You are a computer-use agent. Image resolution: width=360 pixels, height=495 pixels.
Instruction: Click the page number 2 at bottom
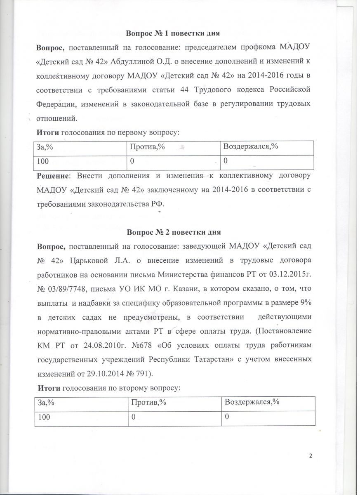pos(310,455)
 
